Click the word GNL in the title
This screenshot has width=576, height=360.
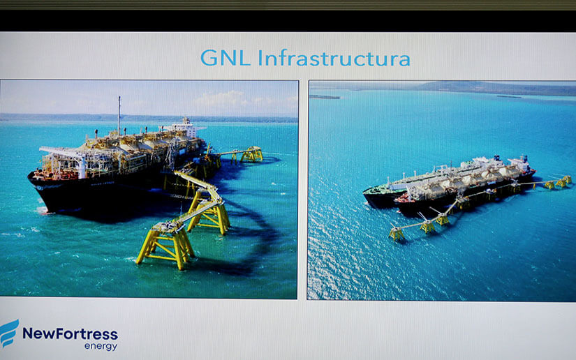click(x=225, y=58)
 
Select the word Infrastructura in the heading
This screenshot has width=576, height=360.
click(x=334, y=58)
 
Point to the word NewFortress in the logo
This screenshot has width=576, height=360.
click(x=70, y=334)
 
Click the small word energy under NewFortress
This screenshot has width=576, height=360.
click(x=101, y=347)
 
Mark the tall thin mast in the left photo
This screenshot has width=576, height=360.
click(x=119, y=116)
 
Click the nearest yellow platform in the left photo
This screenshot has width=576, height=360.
click(x=165, y=245)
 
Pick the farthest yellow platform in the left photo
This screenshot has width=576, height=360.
click(x=251, y=154)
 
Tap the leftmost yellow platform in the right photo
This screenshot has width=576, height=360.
click(x=397, y=234)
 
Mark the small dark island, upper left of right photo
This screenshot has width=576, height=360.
click(x=325, y=97)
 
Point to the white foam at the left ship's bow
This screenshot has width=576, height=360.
click(x=41, y=211)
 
